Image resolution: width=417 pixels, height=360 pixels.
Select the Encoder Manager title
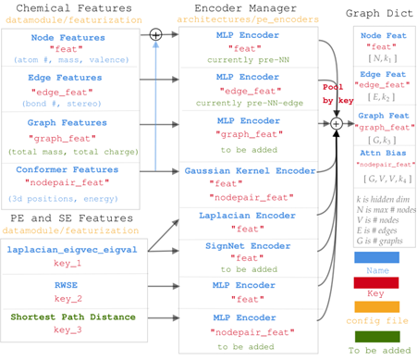(x=245, y=9)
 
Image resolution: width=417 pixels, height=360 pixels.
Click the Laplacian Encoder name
(x=247, y=215)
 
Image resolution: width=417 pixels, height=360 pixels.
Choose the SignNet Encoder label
(x=247, y=245)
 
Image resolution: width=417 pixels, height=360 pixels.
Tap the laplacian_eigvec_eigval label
(x=71, y=249)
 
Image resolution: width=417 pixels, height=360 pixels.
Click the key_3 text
(x=67, y=329)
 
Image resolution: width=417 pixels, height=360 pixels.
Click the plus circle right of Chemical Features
(x=155, y=34)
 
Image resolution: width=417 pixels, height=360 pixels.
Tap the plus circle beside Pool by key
(x=337, y=123)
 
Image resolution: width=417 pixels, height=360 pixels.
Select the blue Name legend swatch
(x=376, y=256)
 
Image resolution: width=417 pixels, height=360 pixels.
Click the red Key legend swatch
(x=376, y=282)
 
